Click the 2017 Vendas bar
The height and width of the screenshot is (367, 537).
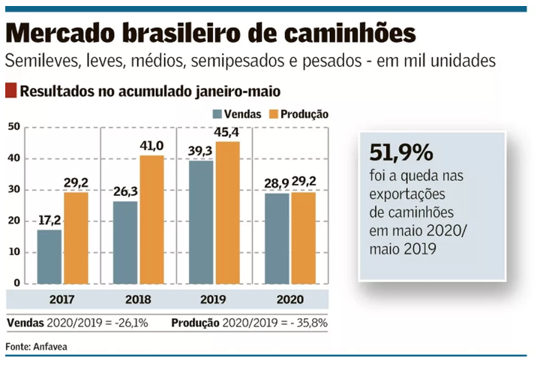[49, 257]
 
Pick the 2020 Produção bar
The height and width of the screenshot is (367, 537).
[304, 238]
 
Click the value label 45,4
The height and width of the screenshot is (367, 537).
[228, 134]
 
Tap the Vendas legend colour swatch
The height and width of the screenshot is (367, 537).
[217, 115]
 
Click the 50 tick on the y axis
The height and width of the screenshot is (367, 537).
[13, 127]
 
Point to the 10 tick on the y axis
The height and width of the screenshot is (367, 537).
[13, 252]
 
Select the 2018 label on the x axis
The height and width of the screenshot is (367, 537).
[138, 299]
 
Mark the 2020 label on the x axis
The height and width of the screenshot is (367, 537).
[289, 299]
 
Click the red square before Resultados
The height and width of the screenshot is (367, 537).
[10, 92]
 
